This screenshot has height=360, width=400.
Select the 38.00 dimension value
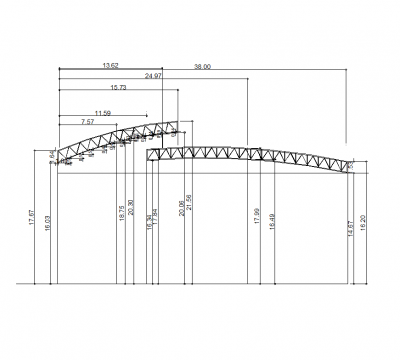coord(203,65)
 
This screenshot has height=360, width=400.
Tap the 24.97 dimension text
coord(153,76)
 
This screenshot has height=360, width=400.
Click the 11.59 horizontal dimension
coord(102,112)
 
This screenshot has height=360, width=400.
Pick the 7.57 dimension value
coord(88,122)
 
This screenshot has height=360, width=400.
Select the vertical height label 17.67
coord(33,219)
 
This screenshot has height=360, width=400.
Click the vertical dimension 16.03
coord(47,224)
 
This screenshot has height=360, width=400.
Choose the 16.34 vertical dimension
coord(148,223)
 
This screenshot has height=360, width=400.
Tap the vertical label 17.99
coord(256,217)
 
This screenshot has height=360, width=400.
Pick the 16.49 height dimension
coord(270,222)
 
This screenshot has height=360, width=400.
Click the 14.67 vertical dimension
coord(349,229)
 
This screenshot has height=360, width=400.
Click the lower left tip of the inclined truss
coord(58,159)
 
